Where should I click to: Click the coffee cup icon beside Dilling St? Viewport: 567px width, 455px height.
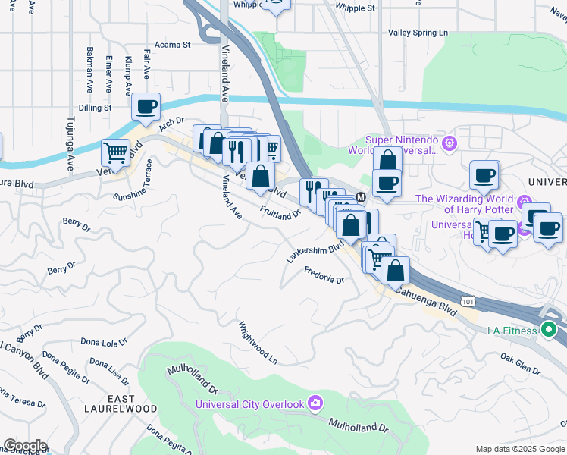(146, 106)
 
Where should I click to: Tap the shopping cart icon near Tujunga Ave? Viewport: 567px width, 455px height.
(115, 152)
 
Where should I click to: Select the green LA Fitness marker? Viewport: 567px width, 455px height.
(549, 330)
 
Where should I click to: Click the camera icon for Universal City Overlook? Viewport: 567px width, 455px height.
(315, 403)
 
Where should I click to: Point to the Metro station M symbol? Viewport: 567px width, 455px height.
(361, 196)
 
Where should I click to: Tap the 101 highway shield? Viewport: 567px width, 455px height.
(468, 301)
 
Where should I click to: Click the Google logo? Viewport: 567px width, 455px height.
(24, 446)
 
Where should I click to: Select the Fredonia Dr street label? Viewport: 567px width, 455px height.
(324, 275)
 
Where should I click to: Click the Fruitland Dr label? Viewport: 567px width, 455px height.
(280, 211)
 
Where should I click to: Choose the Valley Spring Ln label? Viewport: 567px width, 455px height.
(418, 33)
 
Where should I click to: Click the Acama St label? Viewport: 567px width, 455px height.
(172, 45)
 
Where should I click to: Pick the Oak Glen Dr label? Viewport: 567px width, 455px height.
(520, 365)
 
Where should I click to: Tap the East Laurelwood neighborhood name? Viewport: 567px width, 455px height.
(132, 403)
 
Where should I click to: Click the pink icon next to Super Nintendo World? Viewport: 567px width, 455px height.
(450, 142)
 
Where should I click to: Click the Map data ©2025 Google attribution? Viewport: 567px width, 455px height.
(519, 449)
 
